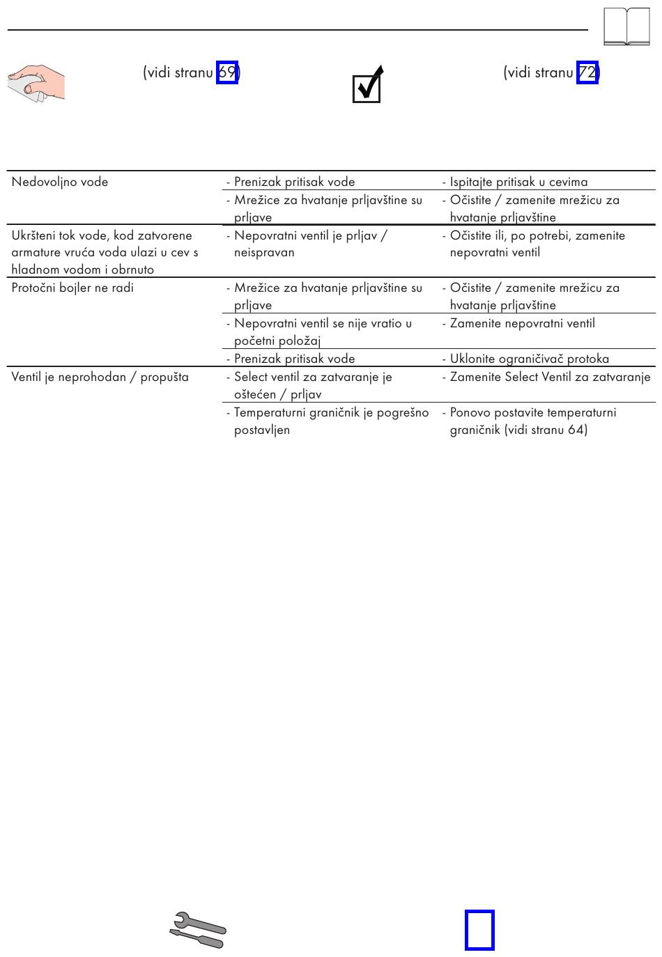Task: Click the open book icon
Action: point(626,26)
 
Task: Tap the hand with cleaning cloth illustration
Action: point(36,83)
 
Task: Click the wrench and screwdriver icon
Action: point(198,930)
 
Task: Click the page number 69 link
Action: point(226,72)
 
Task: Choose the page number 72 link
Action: point(587,72)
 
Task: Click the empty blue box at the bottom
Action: point(479,930)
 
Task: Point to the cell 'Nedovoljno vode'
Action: point(60,182)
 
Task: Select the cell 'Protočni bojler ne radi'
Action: point(72,288)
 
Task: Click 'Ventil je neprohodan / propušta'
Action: point(100,377)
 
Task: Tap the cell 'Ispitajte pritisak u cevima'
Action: point(518,182)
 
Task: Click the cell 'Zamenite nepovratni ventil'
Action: point(522,323)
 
